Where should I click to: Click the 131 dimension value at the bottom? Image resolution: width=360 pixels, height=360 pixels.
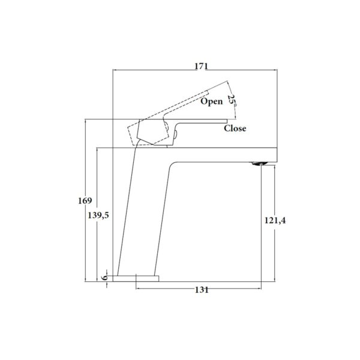point(202,291)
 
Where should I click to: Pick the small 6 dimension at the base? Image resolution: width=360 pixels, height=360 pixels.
point(104,278)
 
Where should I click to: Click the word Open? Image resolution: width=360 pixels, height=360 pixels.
point(211,102)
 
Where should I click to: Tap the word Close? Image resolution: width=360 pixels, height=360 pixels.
point(235,128)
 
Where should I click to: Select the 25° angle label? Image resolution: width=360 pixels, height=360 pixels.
point(232,98)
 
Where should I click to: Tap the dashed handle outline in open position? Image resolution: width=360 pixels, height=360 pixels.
point(180,105)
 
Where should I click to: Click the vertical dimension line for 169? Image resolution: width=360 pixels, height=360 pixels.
point(87,240)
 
